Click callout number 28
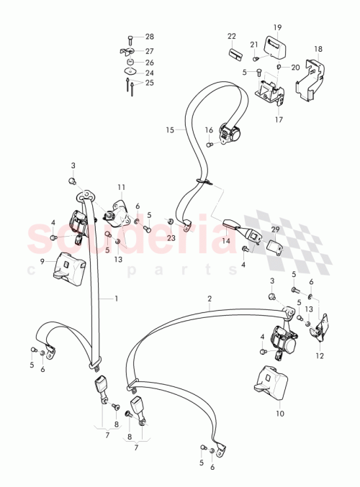pos(150,37)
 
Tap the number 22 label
pos(232,36)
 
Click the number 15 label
pos(170,131)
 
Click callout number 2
pos(210,297)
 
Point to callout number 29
pos(275,229)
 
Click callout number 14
pos(226,242)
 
